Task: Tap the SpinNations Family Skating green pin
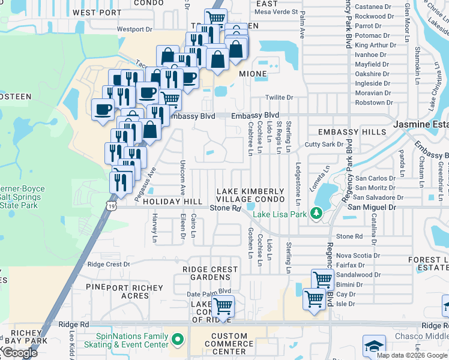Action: click(x=176, y=340)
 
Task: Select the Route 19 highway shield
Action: click(x=113, y=205)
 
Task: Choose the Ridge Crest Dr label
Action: click(x=109, y=264)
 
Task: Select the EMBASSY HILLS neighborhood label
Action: click(x=344, y=132)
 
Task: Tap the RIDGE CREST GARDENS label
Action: click(x=206, y=274)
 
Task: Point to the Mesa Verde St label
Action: click(x=276, y=11)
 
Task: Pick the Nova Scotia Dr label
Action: click(x=358, y=255)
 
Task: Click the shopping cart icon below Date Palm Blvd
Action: click(x=223, y=306)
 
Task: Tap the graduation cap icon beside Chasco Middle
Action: click(x=374, y=346)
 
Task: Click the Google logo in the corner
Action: click(x=19, y=353)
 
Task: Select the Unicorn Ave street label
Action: click(x=181, y=178)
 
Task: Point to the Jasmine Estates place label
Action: click(x=420, y=124)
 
